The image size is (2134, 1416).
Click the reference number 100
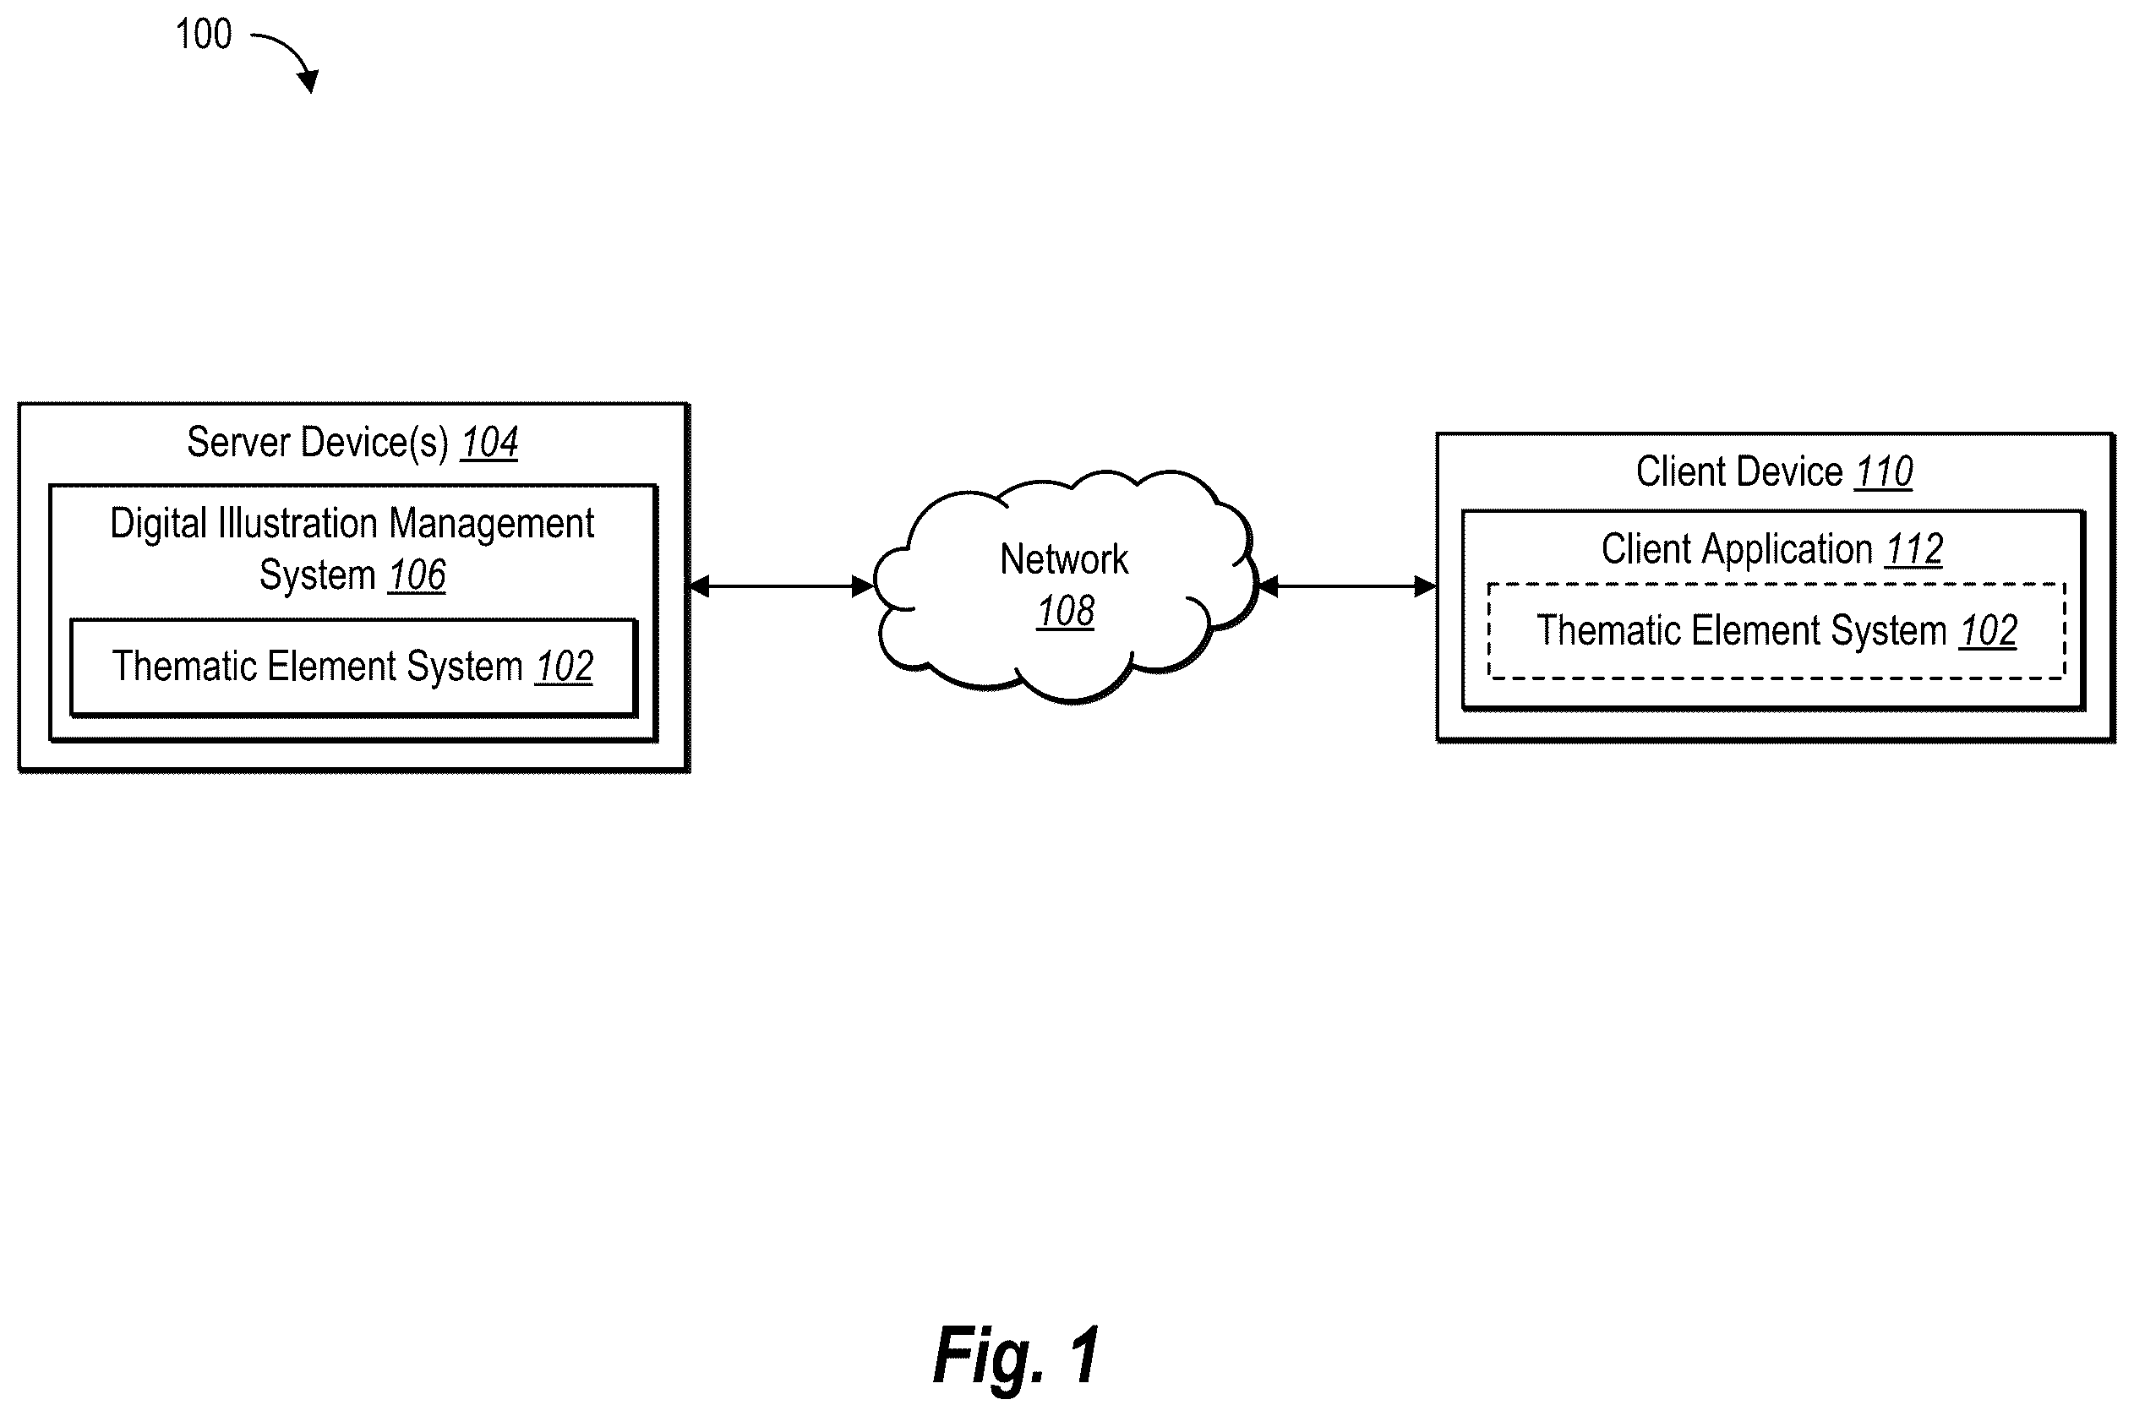pyautogui.click(x=203, y=35)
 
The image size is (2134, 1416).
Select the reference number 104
pyautogui.click(x=489, y=443)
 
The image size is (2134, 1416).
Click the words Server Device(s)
pyautogui.click(x=318, y=443)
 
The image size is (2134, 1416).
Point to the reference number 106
pyautogui.click(x=418, y=575)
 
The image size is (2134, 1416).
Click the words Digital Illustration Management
pyautogui.click(x=352, y=524)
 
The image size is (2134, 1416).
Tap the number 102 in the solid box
pyautogui.click(x=565, y=667)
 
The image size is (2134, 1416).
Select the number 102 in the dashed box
pyautogui.click(x=1989, y=631)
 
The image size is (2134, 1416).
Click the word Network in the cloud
pyautogui.click(x=1064, y=560)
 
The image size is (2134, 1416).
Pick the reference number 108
pyautogui.click(x=1066, y=612)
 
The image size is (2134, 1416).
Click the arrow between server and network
pyautogui.click(x=781, y=587)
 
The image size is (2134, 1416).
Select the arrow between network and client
pyautogui.click(x=1346, y=587)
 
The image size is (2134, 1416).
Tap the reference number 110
pyautogui.click(x=1884, y=472)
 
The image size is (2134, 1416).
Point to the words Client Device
pyautogui.click(x=1739, y=471)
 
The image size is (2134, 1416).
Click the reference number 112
pyautogui.click(x=1914, y=550)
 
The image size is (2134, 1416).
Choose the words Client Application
pyautogui.click(x=1738, y=550)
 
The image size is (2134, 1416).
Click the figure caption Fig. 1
pyautogui.click(x=1017, y=1355)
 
